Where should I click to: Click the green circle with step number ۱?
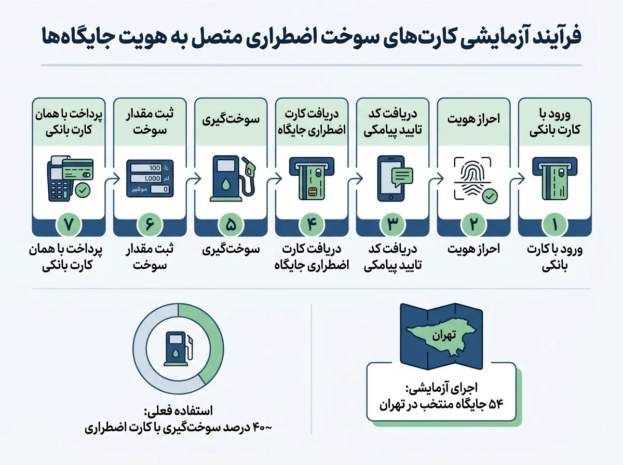tap(554, 224)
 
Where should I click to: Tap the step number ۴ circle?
tap(311, 224)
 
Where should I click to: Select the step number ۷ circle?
tap(69, 224)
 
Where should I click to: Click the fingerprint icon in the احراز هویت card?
tap(472, 178)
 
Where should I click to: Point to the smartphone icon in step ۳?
tap(391, 178)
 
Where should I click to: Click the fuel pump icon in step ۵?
tap(232, 178)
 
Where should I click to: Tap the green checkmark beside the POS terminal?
tap(83, 190)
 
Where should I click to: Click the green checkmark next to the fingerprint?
tap(490, 196)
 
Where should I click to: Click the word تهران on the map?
tap(444, 336)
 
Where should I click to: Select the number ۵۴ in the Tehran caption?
tap(496, 405)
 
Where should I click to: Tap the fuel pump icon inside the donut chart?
tap(178, 349)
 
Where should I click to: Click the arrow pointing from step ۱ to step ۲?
tap(517, 179)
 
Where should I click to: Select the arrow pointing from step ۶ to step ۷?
tap(112, 179)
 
